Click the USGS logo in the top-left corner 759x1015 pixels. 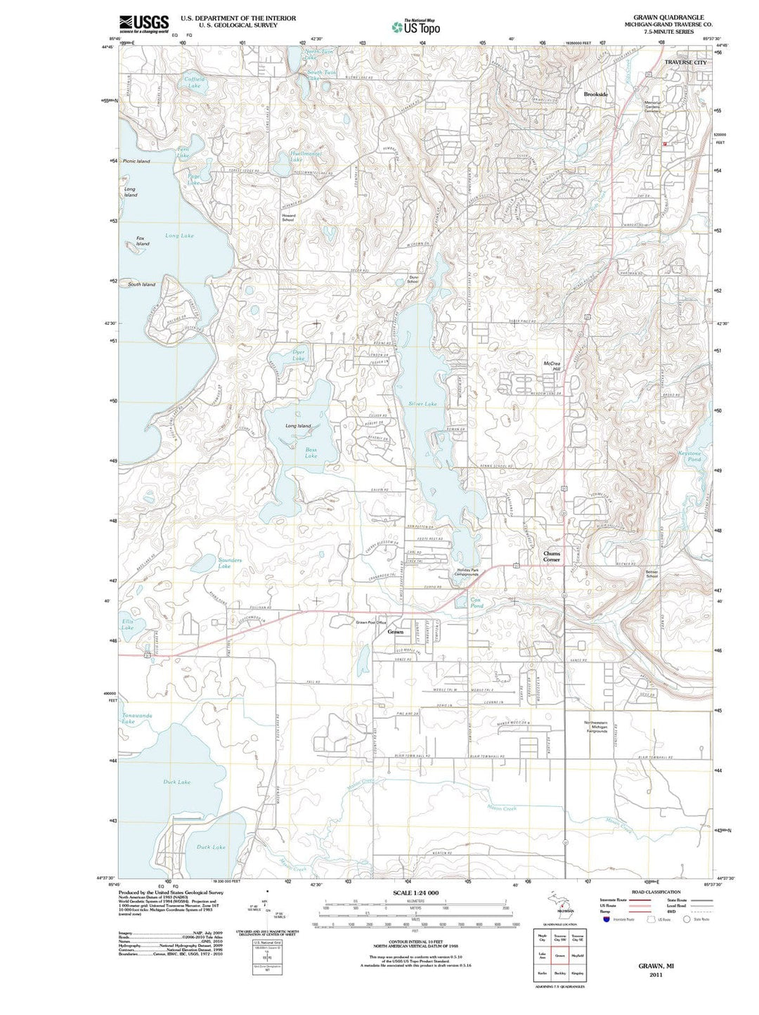point(144,24)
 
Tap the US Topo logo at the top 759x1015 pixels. point(416,27)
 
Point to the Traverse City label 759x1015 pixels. point(685,63)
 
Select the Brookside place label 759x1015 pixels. point(595,93)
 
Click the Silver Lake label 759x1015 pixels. point(422,403)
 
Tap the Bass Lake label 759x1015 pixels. point(311,452)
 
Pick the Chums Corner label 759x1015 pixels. point(552,556)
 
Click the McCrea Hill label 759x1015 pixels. point(552,366)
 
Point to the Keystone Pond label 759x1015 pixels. point(689,456)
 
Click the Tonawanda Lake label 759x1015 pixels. point(136,718)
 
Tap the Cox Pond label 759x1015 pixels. point(476,602)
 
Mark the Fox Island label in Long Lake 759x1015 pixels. point(143,241)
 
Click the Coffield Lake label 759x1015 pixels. point(195,82)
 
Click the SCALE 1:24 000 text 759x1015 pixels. point(415,892)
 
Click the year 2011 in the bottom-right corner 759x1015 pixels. point(656,975)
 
